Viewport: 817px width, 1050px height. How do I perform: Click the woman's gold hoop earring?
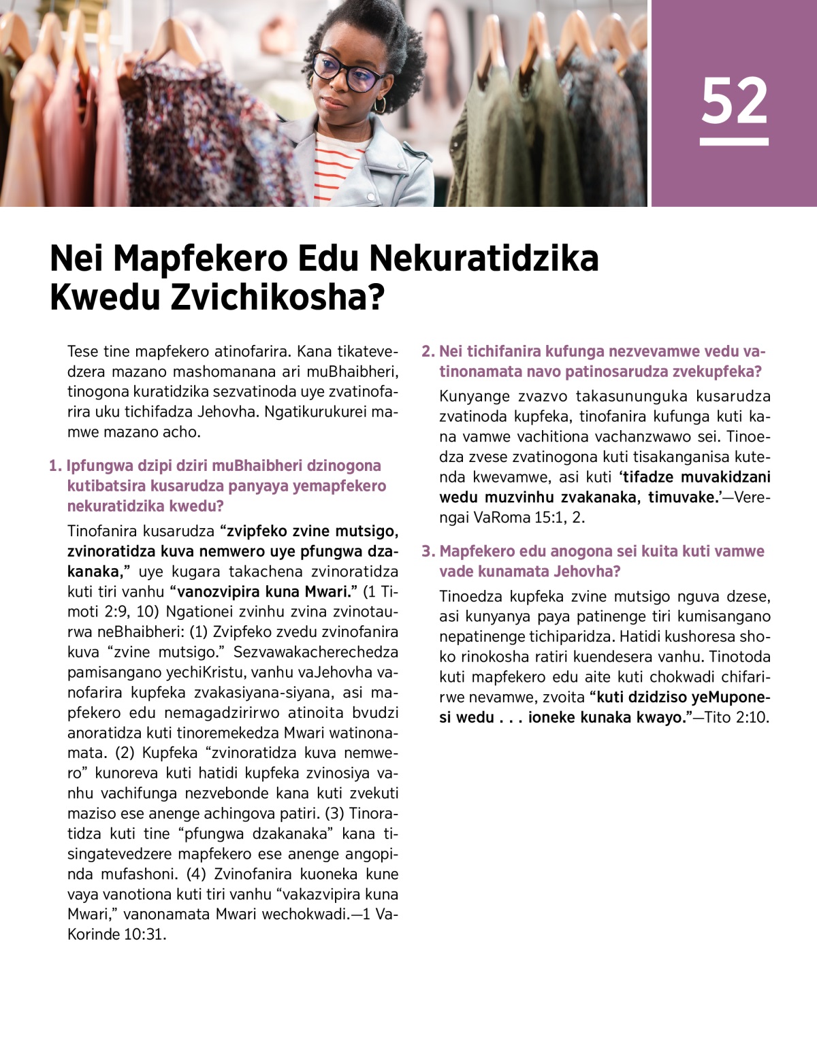[379, 104]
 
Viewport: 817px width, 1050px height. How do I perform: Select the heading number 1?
[54, 466]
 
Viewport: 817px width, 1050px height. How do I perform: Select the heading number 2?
[427, 352]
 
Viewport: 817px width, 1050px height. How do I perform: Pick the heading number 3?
[427, 551]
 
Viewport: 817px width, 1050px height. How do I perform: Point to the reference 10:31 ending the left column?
[144, 934]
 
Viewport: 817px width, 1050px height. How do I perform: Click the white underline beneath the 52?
[734, 142]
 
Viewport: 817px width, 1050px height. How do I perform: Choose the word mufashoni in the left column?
[138, 874]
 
